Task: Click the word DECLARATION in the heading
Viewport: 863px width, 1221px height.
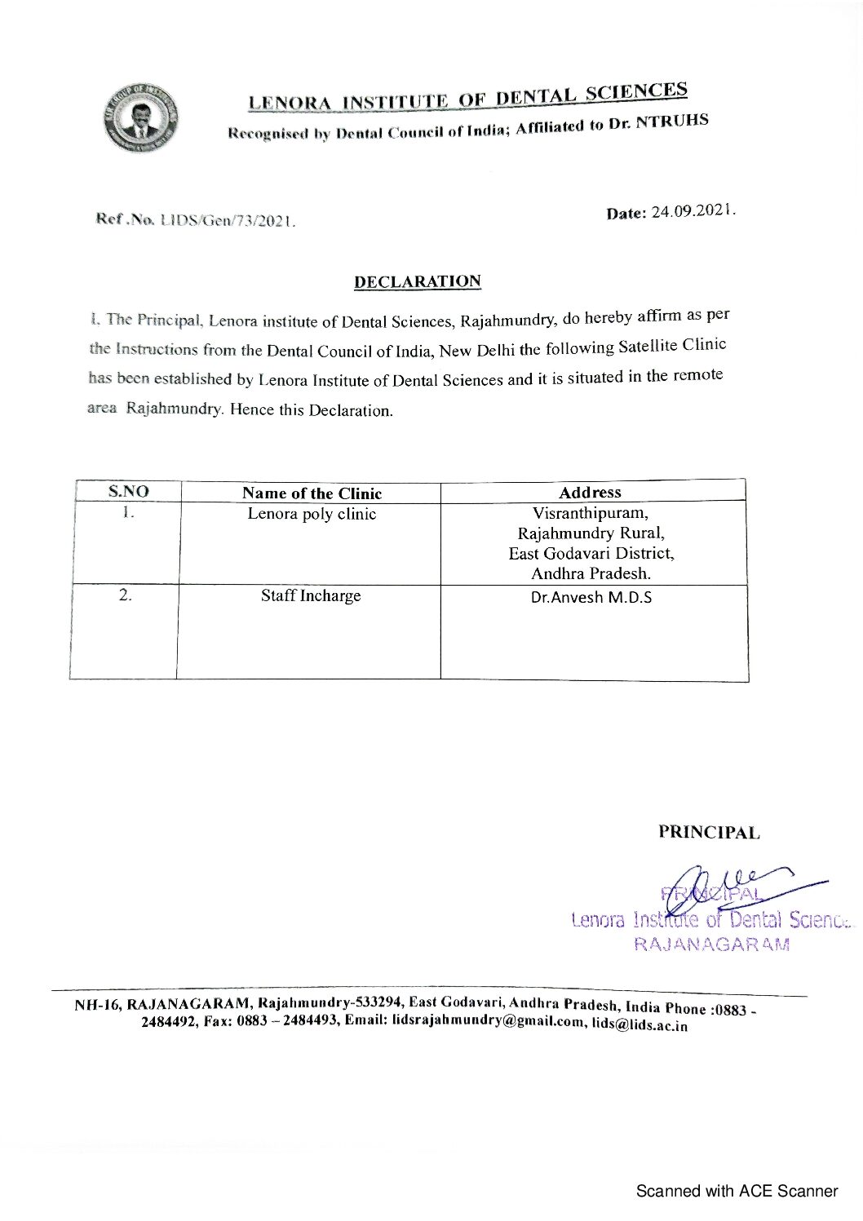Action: tap(417, 281)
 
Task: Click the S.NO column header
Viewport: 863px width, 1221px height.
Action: tap(129, 492)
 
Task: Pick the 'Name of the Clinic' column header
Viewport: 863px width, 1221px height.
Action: tap(312, 493)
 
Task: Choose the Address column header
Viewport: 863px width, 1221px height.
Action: tap(590, 492)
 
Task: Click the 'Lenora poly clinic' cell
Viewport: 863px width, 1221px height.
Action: tap(312, 514)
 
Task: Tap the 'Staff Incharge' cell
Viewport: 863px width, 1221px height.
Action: tap(311, 595)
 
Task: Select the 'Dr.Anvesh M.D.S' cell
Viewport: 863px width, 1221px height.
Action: tap(591, 597)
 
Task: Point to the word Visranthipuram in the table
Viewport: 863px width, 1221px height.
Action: tap(591, 513)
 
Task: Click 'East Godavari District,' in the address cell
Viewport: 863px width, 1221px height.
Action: tap(591, 553)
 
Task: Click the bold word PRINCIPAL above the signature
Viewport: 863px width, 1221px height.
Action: tap(709, 833)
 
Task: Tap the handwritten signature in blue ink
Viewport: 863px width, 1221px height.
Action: tap(734, 883)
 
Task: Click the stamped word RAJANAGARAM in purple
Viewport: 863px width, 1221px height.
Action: tap(711, 945)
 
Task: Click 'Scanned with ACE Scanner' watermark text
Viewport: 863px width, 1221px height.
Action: tap(737, 1191)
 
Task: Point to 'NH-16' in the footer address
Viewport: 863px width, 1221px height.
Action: tap(97, 1004)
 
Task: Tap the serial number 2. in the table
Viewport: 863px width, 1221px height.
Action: tap(125, 595)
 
